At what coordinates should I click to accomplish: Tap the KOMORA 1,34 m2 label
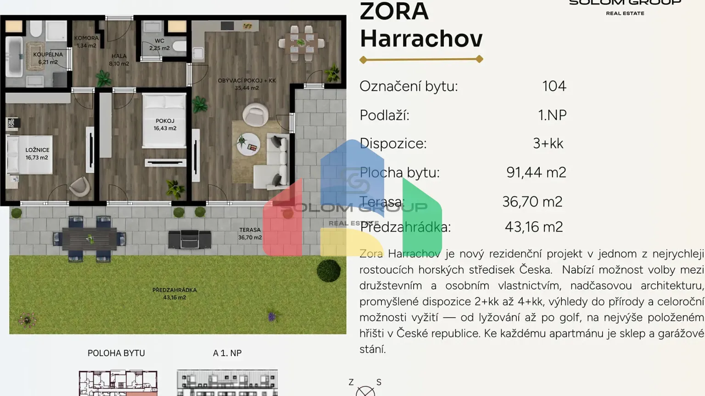click(x=86, y=42)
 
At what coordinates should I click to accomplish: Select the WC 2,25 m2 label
click(x=159, y=44)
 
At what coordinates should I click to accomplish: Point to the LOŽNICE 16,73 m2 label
click(x=37, y=154)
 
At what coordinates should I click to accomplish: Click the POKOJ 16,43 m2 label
click(x=165, y=125)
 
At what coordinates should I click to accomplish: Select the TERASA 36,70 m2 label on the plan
click(x=250, y=234)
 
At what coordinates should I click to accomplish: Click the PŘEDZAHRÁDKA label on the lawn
click(x=174, y=293)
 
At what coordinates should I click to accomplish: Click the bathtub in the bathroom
click(x=14, y=57)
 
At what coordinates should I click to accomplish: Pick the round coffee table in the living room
click(x=248, y=144)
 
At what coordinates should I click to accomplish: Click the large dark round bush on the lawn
click(x=329, y=270)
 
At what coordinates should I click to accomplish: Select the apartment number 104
click(x=554, y=86)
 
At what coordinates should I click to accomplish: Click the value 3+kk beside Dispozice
click(x=548, y=143)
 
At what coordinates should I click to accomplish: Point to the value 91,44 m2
click(x=536, y=172)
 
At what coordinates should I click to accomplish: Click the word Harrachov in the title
click(x=421, y=38)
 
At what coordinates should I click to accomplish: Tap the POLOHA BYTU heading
click(x=116, y=353)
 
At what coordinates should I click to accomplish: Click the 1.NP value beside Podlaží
click(x=552, y=115)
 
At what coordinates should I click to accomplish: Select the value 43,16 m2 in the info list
click(x=533, y=227)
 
